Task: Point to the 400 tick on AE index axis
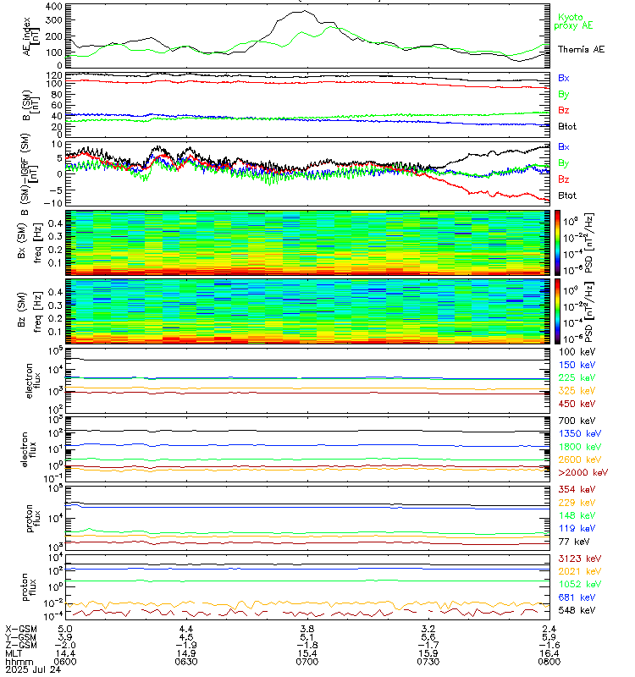[x=53, y=7]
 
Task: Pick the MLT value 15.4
[x=306, y=652]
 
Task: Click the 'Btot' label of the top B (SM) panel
[x=567, y=126]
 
